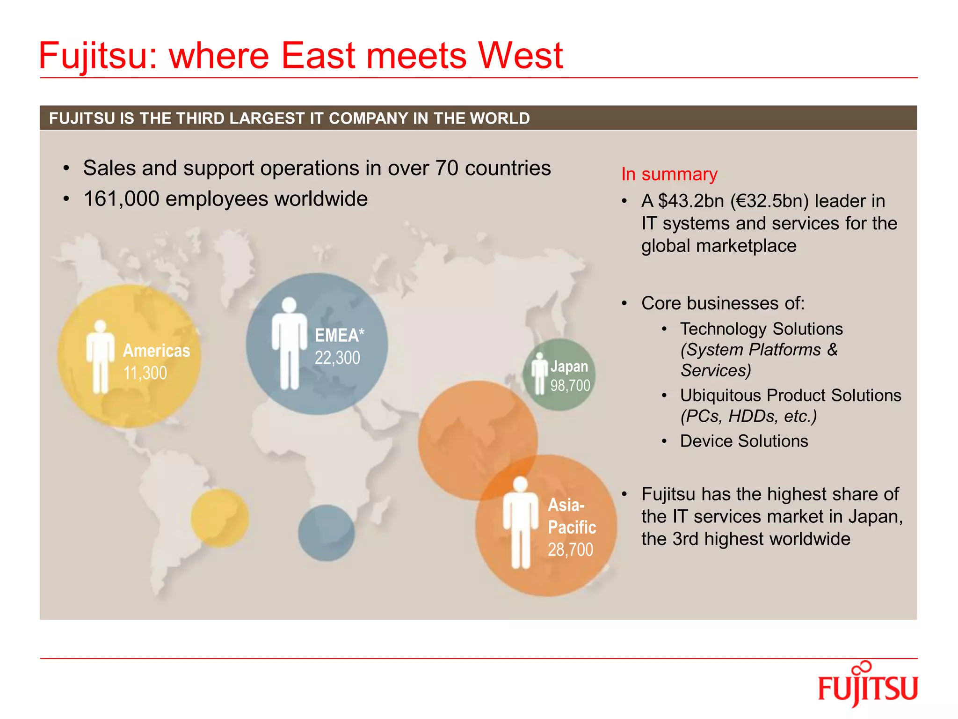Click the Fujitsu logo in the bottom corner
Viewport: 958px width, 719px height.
pos(868,686)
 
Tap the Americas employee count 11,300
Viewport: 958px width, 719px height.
pos(145,373)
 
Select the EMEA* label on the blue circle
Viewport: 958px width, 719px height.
pos(339,335)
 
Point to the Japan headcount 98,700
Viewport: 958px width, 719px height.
pos(570,386)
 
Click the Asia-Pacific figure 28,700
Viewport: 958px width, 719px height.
pos(570,550)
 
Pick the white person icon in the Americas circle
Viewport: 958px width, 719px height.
pos(100,357)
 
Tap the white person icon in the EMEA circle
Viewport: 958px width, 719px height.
pos(290,343)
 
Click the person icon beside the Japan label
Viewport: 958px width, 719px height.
pos(539,373)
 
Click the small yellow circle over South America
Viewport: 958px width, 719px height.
pos(220,518)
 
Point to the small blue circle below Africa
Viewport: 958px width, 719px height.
pos(327,533)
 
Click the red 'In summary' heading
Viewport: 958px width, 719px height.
pos(669,174)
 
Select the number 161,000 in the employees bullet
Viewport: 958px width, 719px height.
pos(121,199)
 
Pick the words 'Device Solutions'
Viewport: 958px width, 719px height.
pos(744,441)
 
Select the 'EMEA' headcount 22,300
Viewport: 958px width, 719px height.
pos(337,358)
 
